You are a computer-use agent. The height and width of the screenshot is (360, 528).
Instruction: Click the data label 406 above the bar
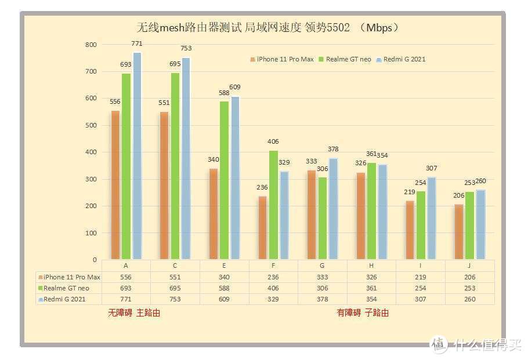274,141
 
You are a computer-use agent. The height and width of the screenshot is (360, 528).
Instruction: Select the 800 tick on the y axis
91,45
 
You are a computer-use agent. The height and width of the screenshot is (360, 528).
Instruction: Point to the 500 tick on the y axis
91,125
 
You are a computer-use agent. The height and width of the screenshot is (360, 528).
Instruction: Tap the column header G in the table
323,266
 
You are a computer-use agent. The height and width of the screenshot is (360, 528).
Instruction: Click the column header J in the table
470,266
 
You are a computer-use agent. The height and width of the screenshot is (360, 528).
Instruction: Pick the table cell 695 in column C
175,288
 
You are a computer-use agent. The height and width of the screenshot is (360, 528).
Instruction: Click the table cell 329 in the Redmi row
273,299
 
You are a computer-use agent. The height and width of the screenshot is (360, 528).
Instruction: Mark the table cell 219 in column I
421,277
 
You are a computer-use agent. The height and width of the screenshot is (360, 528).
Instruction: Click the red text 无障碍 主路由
134,312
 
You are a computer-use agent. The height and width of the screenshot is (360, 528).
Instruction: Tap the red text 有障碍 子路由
363,312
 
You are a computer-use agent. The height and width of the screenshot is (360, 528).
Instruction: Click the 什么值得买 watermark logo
476,343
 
